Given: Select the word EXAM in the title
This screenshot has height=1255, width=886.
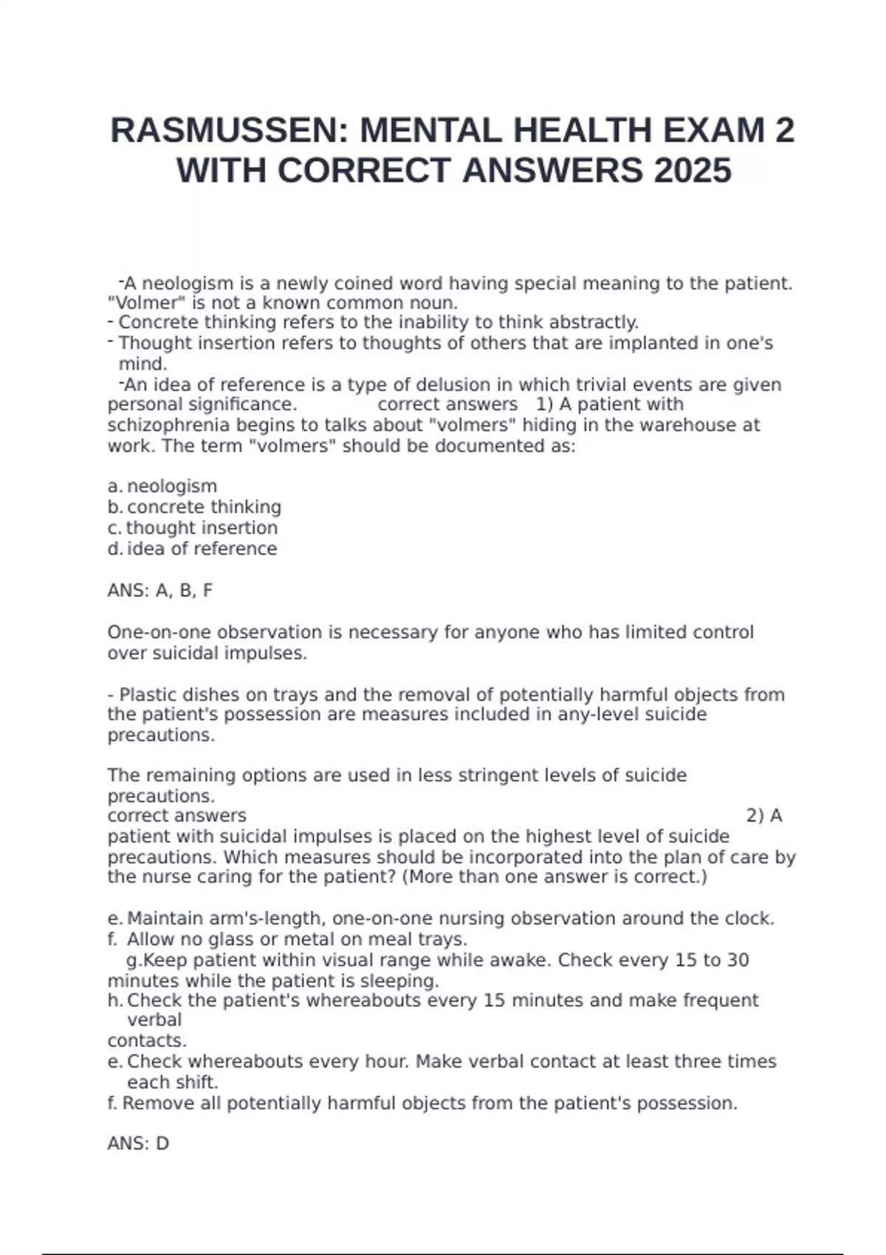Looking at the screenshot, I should [x=712, y=131].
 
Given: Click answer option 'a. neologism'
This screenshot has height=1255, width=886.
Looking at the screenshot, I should [x=162, y=486].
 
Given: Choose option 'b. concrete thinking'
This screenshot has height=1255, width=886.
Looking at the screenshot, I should [x=195, y=507].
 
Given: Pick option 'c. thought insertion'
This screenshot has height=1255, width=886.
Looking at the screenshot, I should [x=193, y=528].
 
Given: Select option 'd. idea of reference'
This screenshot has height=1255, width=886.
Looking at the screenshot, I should [x=192, y=549].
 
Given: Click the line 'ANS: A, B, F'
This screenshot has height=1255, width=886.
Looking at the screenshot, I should [x=160, y=591].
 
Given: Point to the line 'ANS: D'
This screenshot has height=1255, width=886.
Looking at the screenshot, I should [x=138, y=1144].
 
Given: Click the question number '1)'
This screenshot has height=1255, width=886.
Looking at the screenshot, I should [x=545, y=405].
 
